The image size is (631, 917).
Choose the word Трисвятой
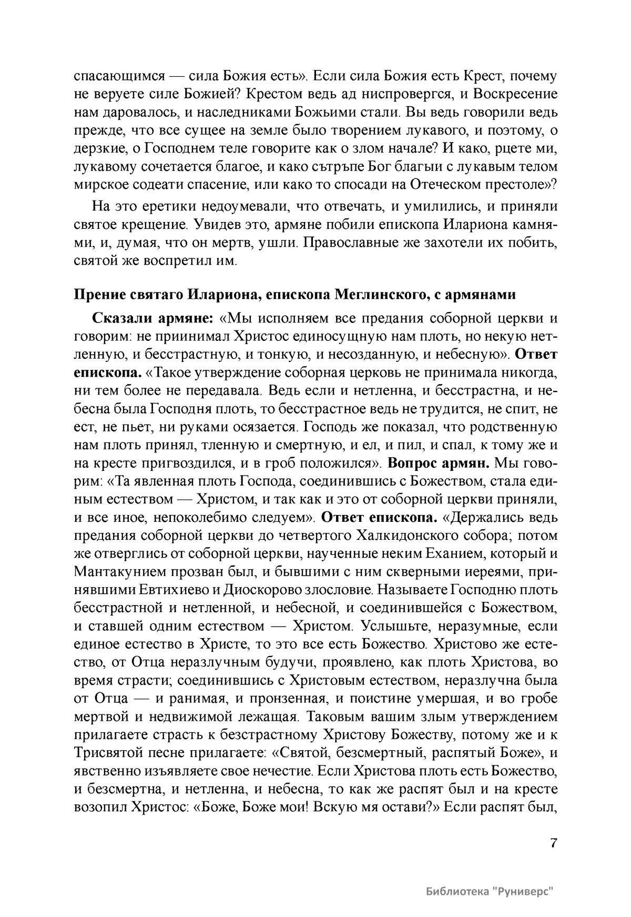pyautogui.click(x=108, y=753)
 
